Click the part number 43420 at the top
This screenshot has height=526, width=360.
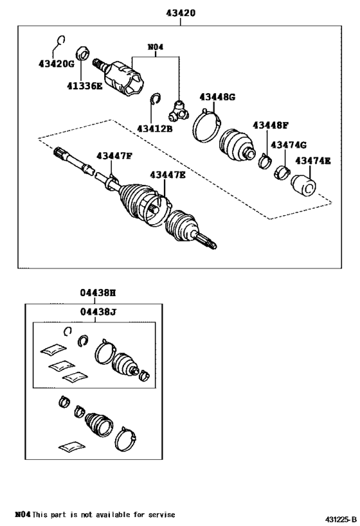click(x=180, y=12)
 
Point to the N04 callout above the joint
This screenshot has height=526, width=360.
click(x=156, y=46)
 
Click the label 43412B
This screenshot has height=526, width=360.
click(x=154, y=128)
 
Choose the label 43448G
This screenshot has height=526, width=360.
click(x=217, y=97)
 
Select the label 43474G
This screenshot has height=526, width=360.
click(x=287, y=145)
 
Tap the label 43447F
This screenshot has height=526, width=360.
click(x=114, y=156)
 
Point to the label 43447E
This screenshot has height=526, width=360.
click(x=168, y=174)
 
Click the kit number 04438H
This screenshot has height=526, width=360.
click(x=98, y=292)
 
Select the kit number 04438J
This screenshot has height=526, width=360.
click(x=98, y=313)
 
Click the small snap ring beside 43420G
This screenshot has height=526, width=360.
click(x=60, y=41)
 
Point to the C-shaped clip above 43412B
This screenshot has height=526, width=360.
click(x=154, y=100)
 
